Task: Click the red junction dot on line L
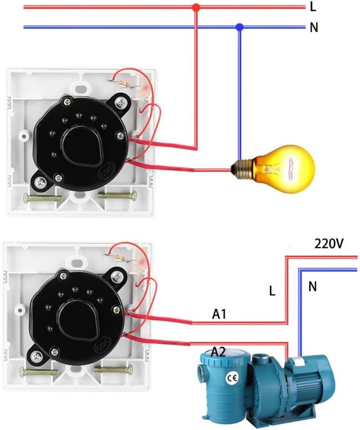pos(196,8)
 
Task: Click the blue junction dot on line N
pos(239,27)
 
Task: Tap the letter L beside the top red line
pos(313,7)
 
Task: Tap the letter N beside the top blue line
pos(314,27)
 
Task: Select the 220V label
pos(329,244)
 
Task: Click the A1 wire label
pos(219,315)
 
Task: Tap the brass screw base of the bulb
pos(243,169)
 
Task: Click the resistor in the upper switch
pos(123,84)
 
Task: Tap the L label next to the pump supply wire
pos(272,291)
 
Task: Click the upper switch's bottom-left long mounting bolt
pos(43,199)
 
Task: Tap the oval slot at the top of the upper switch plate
pos(80,88)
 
